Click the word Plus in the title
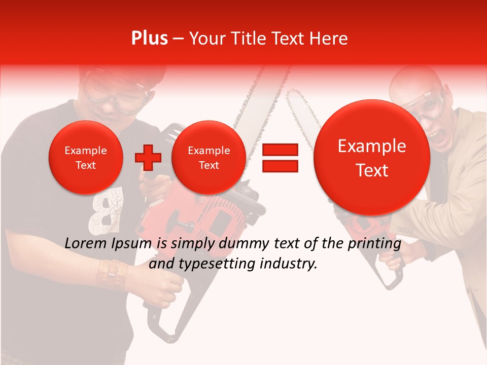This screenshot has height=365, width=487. pos(149,39)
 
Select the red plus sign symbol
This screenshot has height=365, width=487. pos(148,158)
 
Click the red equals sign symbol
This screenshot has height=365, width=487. pos(280,158)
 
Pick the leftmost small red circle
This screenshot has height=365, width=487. pos(85,158)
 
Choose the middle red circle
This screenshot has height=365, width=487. pos(208,158)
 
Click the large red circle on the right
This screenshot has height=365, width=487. pos(372,158)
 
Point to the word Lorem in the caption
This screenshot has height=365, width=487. pos(86,244)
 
